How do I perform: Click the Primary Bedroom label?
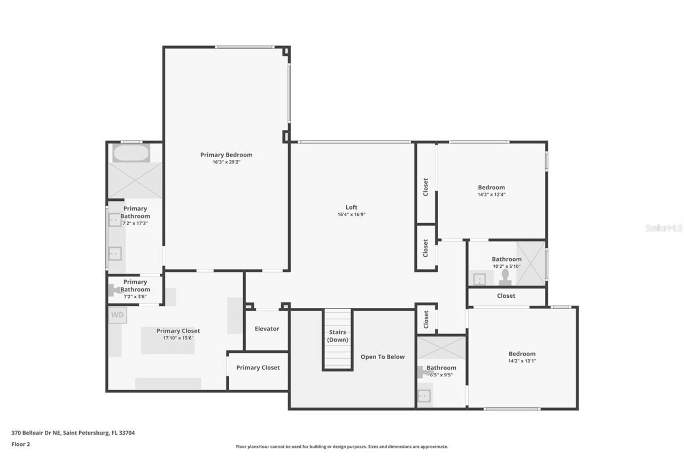click(x=226, y=155)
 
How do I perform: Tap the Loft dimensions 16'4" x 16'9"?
click(x=351, y=214)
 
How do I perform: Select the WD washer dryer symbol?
click(x=118, y=315)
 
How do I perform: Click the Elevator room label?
click(x=267, y=329)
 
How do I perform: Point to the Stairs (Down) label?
click(x=337, y=336)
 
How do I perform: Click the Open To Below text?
click(x=383, y=357)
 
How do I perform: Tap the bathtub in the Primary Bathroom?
click(x=131, y=153)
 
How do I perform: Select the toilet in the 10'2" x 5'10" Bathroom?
click(x=505, y=277)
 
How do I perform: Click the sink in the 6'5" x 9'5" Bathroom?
click(x=424, y=396)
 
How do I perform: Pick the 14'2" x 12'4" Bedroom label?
click(x=491, y=188)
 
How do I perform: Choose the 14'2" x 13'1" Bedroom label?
click(x=522, y=354)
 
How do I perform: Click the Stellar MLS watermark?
click(x=664, y=228)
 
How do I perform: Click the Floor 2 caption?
click(x=21, y=444)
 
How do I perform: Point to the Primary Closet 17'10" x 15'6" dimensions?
click(x=178, y=338)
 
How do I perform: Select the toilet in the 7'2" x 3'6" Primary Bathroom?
click(x=114, y=290)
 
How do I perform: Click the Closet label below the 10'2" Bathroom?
click(x=506, y=296)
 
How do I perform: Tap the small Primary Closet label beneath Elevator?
click(x=258, y=368)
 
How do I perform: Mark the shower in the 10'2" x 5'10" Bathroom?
click(x=530, y=263)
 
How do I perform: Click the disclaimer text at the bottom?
click(x=342, y=446)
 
